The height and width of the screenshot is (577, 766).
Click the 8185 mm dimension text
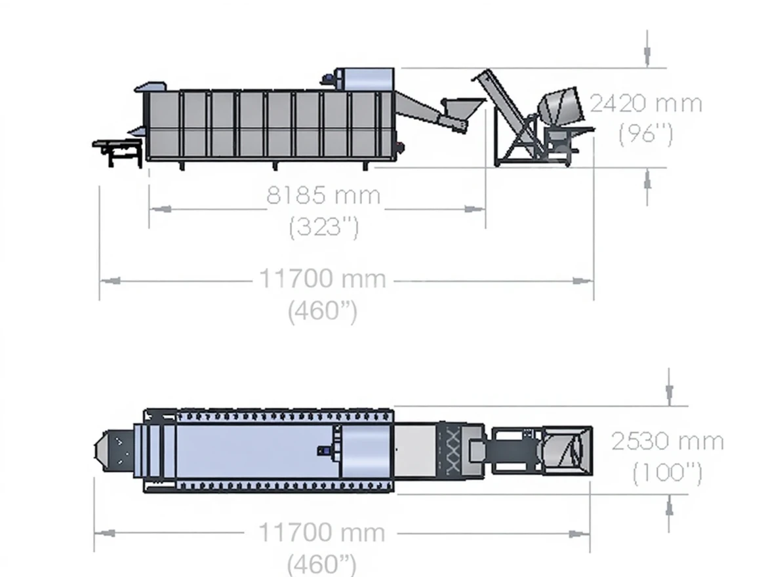click(323, 195)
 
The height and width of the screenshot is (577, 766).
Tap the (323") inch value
click(324, 227)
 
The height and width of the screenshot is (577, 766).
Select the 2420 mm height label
click(646, 104)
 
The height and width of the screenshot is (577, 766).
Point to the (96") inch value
click(645, 133)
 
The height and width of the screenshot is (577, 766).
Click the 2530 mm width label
click(668, 442)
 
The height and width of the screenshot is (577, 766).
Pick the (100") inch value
click(668, 473)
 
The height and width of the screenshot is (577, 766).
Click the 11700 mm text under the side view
click(323, 279)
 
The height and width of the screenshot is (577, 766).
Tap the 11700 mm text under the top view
click(322, 532)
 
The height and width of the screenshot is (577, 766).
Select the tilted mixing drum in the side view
click(561, 106)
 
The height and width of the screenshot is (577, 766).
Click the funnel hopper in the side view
click(462, 111)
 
